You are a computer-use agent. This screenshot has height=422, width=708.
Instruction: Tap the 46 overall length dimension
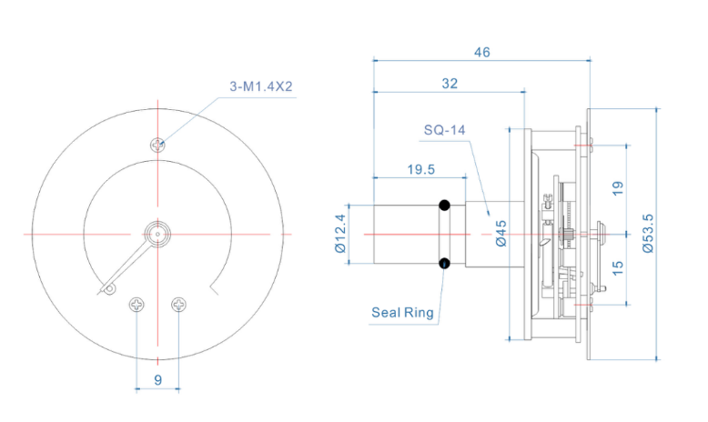(x=481, y=53)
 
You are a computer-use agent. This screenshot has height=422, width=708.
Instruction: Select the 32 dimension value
(x=450, y=83)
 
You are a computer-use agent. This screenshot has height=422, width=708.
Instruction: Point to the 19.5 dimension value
(x=420, y=168)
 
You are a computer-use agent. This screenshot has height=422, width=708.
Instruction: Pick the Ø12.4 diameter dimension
(x=341, y=234)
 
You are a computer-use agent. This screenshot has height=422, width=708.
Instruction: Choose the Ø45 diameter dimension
(x=500, y=234)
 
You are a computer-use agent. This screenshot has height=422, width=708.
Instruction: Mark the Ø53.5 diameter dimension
(x=647, y=234)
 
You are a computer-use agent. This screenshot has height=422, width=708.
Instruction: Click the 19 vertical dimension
(x=618, y=188)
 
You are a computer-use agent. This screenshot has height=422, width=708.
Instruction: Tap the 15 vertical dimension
(x=618, y=269)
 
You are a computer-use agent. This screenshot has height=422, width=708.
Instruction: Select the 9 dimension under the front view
(x=157, y=381)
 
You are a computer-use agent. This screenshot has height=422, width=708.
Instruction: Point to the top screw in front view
(x=158, y=144)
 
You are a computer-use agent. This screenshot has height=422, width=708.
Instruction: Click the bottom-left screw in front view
(x=137, y=304)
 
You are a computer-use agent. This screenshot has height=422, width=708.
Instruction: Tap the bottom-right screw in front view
(x=179, y=304)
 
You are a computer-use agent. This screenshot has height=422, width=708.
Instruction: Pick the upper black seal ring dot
(x=445, y=204)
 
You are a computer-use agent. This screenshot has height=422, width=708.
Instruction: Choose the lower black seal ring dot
(x=445, y=265)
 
